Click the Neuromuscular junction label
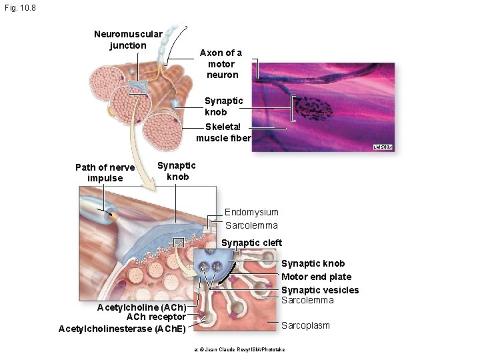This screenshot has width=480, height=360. coord(128,40)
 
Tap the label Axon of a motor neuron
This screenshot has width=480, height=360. coord(220,63)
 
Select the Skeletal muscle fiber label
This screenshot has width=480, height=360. coord(223,133)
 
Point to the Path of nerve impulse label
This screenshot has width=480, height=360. coord(105,173)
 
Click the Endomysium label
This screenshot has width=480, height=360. coord(251,212)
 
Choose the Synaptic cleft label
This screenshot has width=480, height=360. coord(251,243)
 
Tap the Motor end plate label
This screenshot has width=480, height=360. coord(316,277)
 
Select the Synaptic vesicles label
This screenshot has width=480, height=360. coord(320,290)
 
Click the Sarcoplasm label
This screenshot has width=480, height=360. coord(305,325)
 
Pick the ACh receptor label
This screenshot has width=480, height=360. coord(156,317)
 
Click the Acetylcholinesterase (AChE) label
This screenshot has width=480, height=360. coord(123,328)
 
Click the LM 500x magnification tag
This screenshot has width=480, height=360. coord(384,147)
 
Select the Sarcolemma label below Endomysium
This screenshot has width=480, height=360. coord(251,225)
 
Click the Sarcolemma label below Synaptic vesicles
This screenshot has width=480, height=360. coord(307,300)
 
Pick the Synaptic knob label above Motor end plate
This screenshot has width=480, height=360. coord(313,263)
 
